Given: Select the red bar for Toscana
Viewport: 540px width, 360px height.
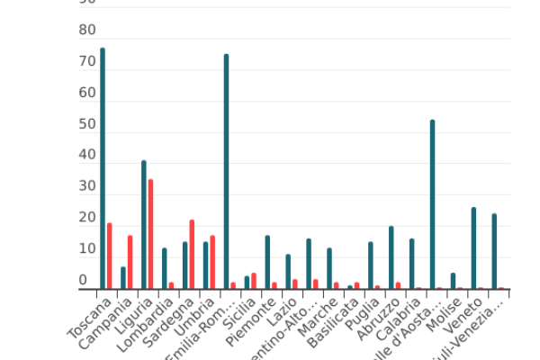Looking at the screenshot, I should click(110, 256).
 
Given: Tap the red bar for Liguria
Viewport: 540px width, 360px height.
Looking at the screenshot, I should click(151, 234).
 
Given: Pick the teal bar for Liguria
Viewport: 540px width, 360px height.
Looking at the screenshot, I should click(144, 225).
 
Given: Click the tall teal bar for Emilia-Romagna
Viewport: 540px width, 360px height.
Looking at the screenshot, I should click(226, 171).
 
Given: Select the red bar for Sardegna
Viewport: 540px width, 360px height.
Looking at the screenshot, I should click(192, 255).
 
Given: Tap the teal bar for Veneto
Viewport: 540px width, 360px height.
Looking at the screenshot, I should click(473, 248).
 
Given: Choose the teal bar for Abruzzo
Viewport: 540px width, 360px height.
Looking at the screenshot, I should click(391, 257).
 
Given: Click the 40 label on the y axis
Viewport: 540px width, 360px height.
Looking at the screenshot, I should click(87, 155).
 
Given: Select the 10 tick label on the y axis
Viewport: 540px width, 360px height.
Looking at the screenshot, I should click(87, 248).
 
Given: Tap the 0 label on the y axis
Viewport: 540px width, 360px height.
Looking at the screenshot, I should click(83, 280).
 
